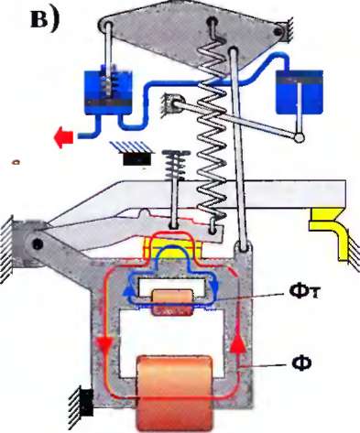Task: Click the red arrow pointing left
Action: (x=63, y=137)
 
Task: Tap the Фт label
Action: (x=304, y=292)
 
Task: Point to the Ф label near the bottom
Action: (x=301, y=363)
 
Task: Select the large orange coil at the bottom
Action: (x=175, y=393)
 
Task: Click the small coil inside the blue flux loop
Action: (x=173, y=302)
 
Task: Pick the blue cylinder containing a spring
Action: (x=108, y=92)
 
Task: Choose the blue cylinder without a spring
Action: (x=300, y=92)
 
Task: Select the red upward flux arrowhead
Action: (x=237, y=344)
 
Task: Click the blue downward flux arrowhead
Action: (x=215, y=287)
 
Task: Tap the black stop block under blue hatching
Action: (x=137, y=159)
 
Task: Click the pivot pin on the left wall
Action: (x=37, y=244)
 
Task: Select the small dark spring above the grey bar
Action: (x=175, y=165)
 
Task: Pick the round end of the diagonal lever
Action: (x=299, y=137)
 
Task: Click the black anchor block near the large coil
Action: (x=87, y=403)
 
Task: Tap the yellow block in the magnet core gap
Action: (x=173, y=248)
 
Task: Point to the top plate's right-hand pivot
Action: (x=278, y=31)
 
